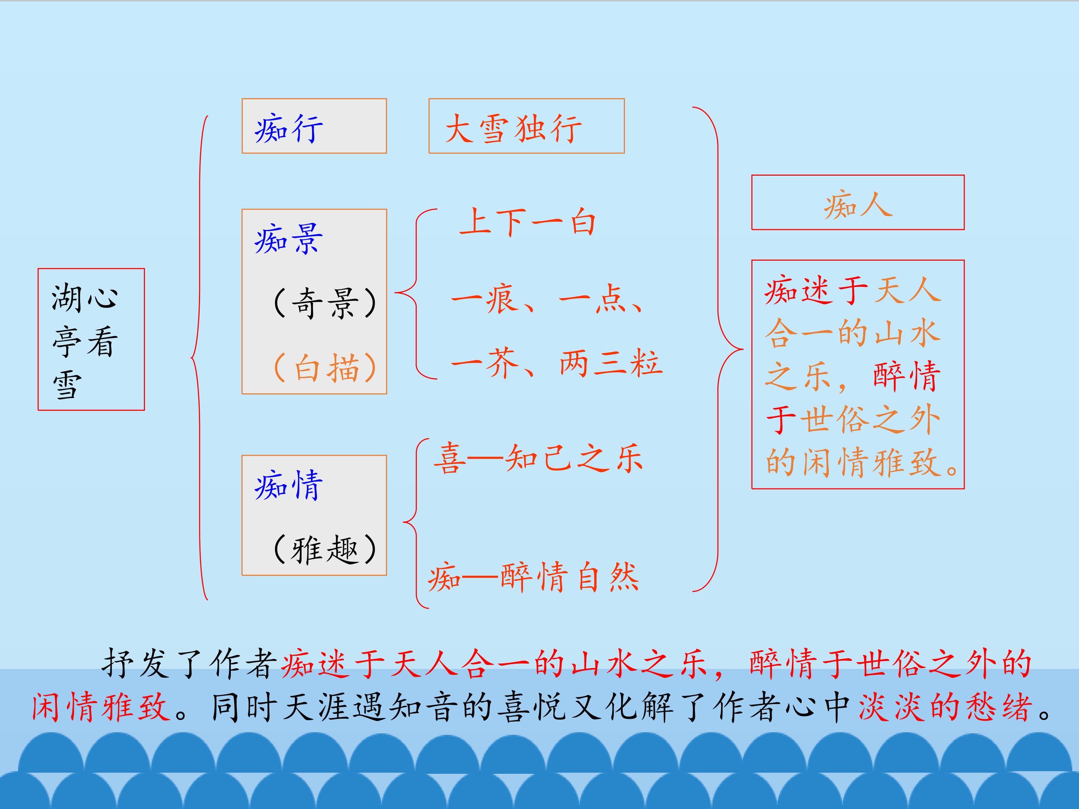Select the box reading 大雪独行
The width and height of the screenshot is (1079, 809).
pyautogui.click(x=526, y=126)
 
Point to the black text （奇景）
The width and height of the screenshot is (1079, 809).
pyautogui.click(x=325, y=303)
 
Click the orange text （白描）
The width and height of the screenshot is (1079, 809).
pyautogui.click(x=325, y=367)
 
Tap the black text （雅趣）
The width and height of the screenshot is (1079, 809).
pyautogui.click(x=325, y=549)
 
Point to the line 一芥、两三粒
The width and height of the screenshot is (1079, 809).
pyautogui.click(x=557, y=363)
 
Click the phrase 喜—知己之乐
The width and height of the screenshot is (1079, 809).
pyautogui.click(x=538, y=458)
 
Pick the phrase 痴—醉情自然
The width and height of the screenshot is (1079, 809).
pyautogui.click(x=533, y=578)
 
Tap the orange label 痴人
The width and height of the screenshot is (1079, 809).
pyautogui.click(x=858, y=205)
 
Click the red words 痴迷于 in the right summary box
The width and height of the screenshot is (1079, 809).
pyautogui.click(x=816, y=291)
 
